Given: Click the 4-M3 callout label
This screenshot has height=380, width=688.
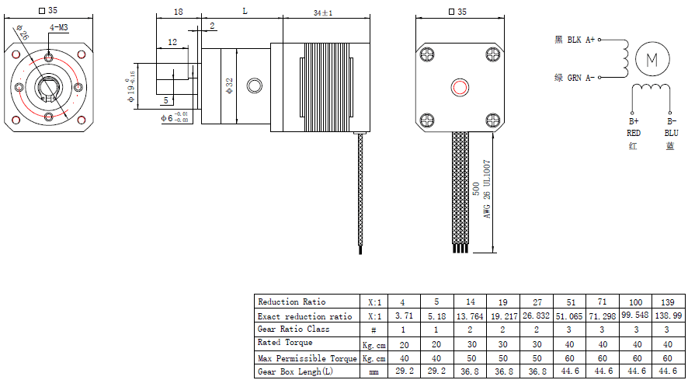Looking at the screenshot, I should [58, 27].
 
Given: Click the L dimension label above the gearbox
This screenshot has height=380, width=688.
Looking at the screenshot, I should [245, 11].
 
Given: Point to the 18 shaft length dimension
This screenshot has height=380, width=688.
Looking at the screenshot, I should [178, 12].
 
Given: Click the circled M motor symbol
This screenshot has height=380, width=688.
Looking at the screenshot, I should [652, 59].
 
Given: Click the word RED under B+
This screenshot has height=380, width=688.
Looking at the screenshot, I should [634, 133].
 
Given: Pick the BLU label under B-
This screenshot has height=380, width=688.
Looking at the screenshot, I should [671, 133].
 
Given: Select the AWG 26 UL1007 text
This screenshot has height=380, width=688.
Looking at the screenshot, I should [488, 190].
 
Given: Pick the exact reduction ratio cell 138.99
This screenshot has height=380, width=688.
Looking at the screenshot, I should [670, 316].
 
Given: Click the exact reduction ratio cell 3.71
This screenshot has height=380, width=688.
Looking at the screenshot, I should [402, 316].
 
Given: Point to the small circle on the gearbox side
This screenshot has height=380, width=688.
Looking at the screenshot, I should [254, 85].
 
